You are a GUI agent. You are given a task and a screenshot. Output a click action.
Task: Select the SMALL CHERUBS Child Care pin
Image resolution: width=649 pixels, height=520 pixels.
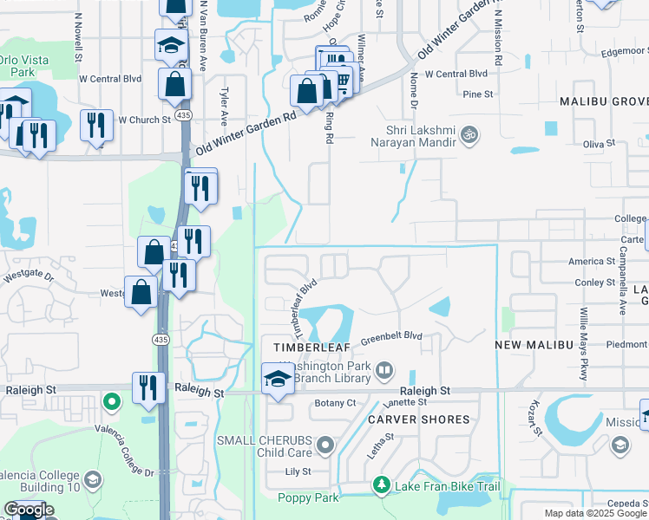click(325, 446)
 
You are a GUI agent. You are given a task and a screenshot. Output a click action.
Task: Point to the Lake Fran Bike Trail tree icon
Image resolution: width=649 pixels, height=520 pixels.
click(380, 484)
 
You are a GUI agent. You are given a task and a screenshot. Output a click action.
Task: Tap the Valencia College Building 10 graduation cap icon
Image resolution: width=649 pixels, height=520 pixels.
click(91, 479)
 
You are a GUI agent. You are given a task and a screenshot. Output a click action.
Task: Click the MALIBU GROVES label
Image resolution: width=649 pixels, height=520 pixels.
click(604, 101)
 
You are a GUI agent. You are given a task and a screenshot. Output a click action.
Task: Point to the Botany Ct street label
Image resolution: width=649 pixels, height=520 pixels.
click(336, 403)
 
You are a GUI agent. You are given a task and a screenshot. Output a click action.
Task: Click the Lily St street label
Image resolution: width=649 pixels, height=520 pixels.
click(298, 472)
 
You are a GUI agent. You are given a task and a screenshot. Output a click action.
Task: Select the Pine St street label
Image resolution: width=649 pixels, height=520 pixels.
click(478, 94)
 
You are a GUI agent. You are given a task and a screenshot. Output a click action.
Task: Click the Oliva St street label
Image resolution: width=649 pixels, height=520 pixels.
click(599, 142)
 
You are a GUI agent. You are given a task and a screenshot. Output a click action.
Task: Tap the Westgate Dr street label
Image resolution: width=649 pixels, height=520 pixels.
click(29, 278)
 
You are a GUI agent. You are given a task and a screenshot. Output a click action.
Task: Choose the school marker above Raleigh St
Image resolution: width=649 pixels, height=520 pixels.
click(278, 379)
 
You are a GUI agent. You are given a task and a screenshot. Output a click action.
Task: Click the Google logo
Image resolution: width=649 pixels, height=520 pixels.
click(29, 510)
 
